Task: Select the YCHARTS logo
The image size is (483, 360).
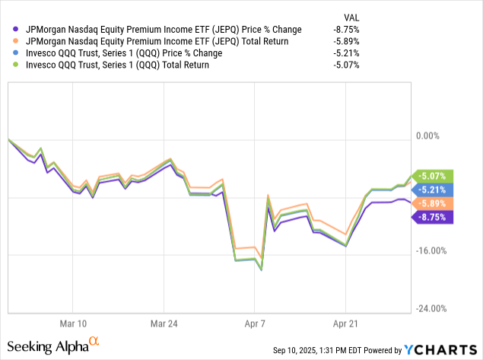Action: [x=440, y=350]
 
